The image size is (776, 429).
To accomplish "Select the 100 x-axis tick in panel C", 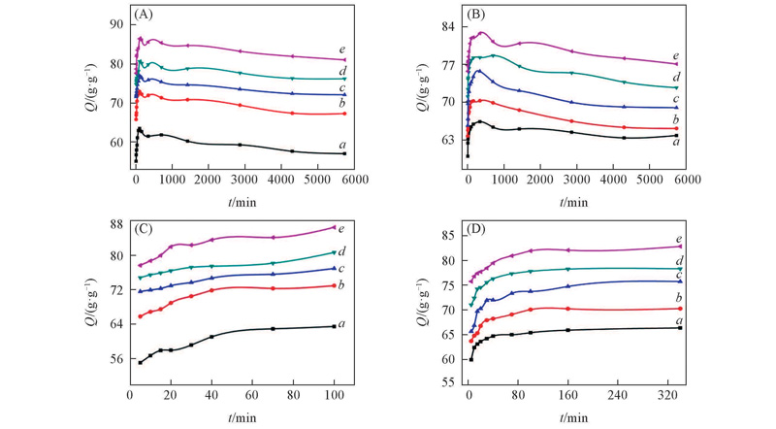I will pyautogui.click(x=334, y=396).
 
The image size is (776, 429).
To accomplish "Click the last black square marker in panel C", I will pyautogui.click(x=334, y=326).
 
